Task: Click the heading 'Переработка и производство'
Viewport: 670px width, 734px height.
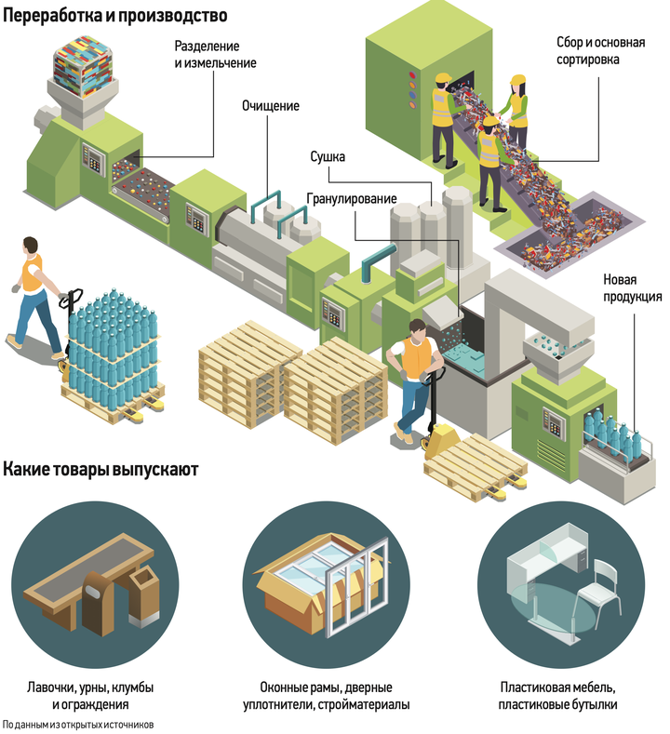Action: (115, 15)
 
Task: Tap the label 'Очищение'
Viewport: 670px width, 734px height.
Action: (271, 106)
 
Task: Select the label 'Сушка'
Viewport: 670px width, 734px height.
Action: (328, 156)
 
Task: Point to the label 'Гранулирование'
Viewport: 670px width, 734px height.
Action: (352, 199)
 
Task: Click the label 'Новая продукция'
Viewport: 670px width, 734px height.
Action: (632, 287)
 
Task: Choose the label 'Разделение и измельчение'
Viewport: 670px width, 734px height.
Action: (215, 54)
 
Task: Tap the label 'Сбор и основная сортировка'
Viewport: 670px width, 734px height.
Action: (601, 50)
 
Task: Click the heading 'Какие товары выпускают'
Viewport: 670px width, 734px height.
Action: (100, 469)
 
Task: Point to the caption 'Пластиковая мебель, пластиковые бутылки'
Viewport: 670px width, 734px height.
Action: (557, 696)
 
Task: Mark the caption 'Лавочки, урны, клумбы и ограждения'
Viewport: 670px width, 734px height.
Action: (90, 696)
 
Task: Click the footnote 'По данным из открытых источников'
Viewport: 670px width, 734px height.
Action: (78, 725)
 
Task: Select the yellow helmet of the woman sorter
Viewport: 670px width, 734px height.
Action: (518, 80)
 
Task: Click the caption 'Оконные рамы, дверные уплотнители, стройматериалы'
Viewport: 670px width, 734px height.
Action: (327, 696)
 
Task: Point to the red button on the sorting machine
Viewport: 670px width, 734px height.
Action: (412, 75)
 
